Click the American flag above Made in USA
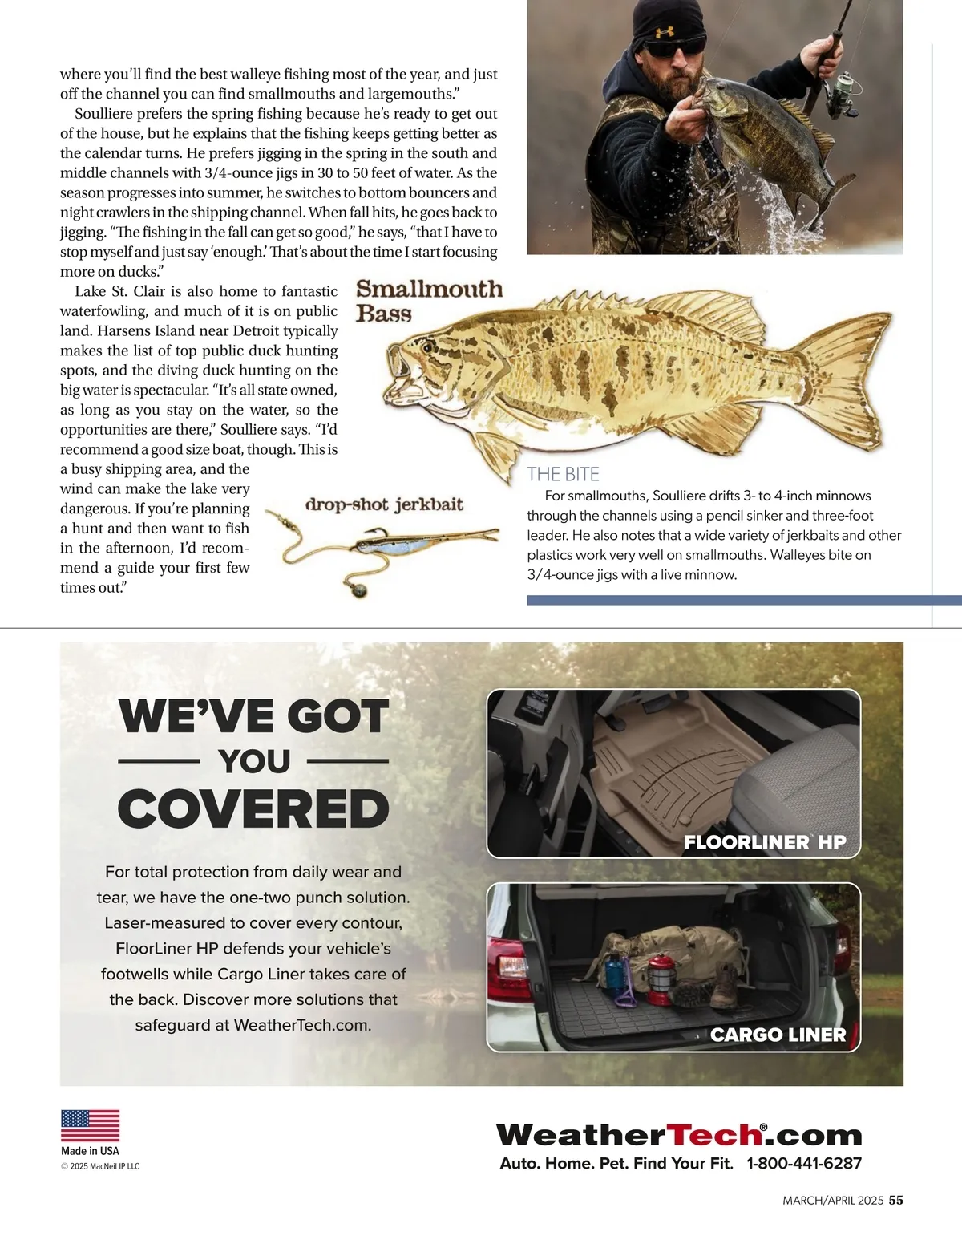[x=91, y=1125]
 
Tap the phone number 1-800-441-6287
[x=804, y=1163]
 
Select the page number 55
[x=896, y=1201]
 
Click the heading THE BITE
[x=563, y=474]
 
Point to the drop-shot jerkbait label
[x=384, y=504]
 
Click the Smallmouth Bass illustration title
[x=429, y=300]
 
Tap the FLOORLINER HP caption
[x=765, y=841]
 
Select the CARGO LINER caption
[x=778, y=1035]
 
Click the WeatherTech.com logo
[x=679, y=1135]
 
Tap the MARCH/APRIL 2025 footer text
[x=833, y=1201]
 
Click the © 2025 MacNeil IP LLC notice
[x=100, y=1166]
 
